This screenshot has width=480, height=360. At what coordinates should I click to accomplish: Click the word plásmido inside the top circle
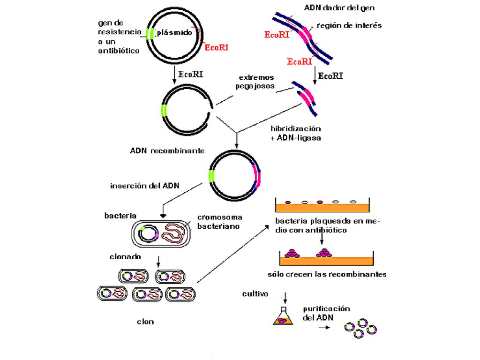click(174, 32)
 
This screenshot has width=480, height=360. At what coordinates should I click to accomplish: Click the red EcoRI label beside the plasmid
click(217, 47)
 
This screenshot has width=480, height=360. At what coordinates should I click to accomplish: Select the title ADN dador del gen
click(339, 7)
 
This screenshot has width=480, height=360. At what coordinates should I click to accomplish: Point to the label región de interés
click(349, 25)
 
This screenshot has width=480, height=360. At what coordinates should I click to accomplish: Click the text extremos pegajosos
click(255, 82)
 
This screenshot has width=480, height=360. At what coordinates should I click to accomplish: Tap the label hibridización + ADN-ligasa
click(296, 133)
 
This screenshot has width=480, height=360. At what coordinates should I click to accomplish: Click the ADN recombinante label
click(167, 150)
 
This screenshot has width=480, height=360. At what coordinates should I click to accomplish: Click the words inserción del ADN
click(144, 186)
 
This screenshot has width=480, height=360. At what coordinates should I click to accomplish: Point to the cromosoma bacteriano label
click(219, 222)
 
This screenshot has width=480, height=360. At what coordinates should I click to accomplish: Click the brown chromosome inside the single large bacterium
click(173, 234)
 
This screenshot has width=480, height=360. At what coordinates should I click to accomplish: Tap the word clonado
click(125, 257)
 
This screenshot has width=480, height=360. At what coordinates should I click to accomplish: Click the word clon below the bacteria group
click(145, 322)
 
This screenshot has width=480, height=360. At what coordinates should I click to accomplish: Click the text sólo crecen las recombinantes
click(327, 274)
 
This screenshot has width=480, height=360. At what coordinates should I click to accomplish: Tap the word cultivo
click(255, 294)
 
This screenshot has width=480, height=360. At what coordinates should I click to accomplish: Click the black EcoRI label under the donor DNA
click(330, 76)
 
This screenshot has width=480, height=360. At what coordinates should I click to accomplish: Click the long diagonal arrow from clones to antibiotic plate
click(233, 254)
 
